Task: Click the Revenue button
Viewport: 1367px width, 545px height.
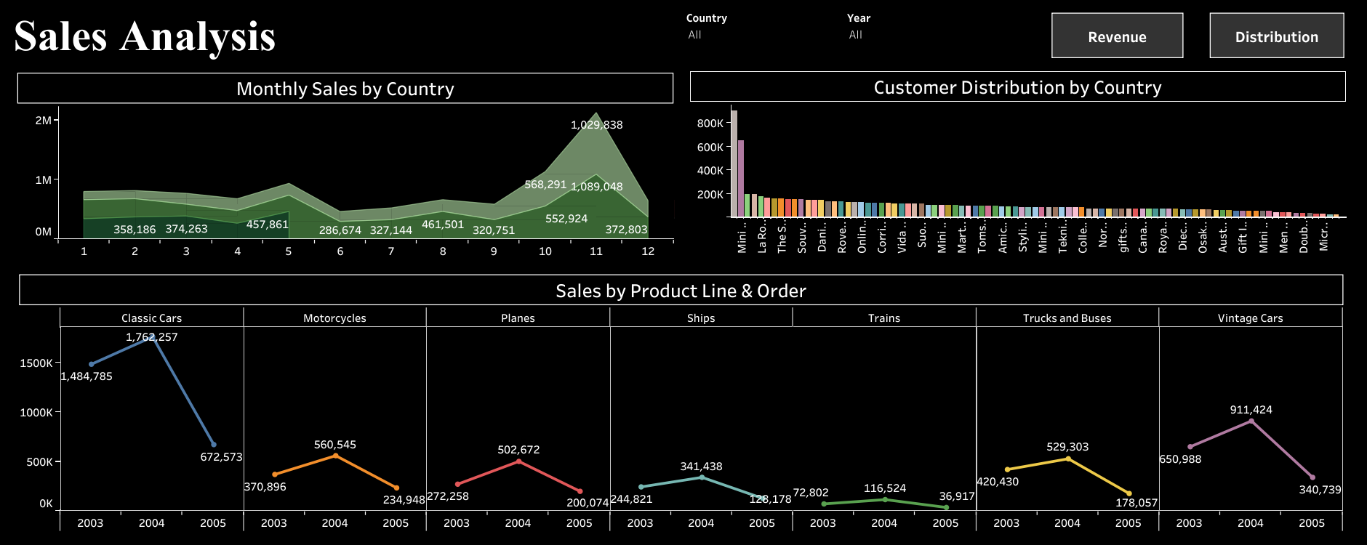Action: click(1117, 36)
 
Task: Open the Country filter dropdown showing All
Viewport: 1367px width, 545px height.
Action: click(695, 35)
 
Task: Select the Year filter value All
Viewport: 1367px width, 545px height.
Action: click(856, 35)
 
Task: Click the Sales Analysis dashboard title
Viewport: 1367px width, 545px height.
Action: click(145, 36)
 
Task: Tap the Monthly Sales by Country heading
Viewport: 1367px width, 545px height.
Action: click(345, 89)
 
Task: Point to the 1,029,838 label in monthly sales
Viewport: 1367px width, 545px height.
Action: click(596, 125)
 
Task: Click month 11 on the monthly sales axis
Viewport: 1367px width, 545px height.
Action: click(596, 251)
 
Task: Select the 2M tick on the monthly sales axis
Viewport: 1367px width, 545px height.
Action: click(43, 121)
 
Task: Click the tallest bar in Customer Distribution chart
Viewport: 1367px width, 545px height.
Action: click(734, 163)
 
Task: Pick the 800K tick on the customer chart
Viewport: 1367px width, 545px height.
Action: click(710, 124)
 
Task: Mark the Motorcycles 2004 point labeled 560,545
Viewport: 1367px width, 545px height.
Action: click(335, 456)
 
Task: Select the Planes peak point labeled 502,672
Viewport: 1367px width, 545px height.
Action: click(518, 461)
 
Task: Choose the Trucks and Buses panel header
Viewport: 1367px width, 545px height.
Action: click(1067, 318)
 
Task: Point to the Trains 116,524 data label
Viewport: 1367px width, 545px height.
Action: click(884, 488)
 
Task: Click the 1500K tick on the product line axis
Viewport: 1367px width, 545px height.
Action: click(36, 363)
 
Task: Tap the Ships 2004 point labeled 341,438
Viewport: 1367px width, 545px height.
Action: click(702, 477)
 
